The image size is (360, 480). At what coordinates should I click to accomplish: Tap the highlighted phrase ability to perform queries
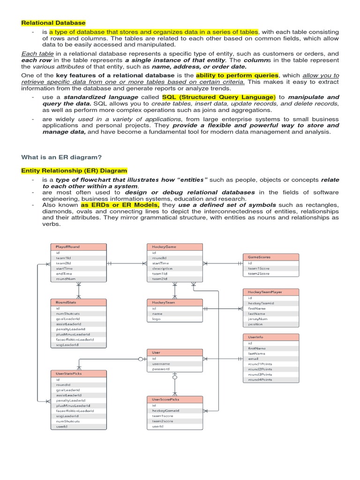(x=237, y=75)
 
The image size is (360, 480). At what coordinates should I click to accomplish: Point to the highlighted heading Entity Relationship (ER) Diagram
(x=74, y=171)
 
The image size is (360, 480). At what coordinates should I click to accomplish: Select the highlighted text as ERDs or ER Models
(x=120, y=205)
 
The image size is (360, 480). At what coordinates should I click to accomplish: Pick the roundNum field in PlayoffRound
(x=66, y=279)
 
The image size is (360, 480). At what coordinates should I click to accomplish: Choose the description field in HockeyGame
(x=162, y=269)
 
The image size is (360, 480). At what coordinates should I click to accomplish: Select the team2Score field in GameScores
(x=259, y=273)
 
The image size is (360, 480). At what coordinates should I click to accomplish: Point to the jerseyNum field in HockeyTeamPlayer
(x=257, y=319)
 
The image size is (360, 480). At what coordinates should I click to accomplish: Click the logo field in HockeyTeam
(x=156, y=319)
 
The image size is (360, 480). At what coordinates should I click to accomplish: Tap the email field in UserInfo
(x=253, y=359)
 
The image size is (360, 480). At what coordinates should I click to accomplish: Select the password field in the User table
(x=160, y=369)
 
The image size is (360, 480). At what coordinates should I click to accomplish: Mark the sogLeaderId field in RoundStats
(x=67, y=345)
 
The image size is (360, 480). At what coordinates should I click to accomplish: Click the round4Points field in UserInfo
(x=260, y=380)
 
